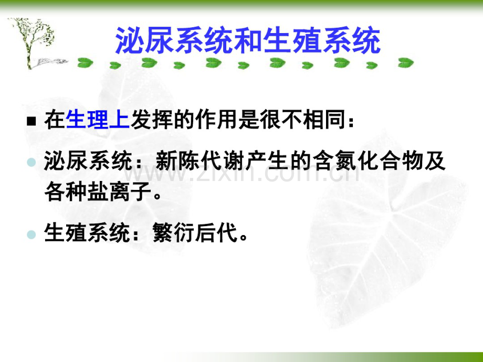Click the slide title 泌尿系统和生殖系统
coord(247,41)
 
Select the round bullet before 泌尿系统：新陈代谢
coord(31,163)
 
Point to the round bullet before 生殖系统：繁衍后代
coord(31,234)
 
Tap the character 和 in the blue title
coord(248,41)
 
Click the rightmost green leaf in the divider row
coord(405,63)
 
